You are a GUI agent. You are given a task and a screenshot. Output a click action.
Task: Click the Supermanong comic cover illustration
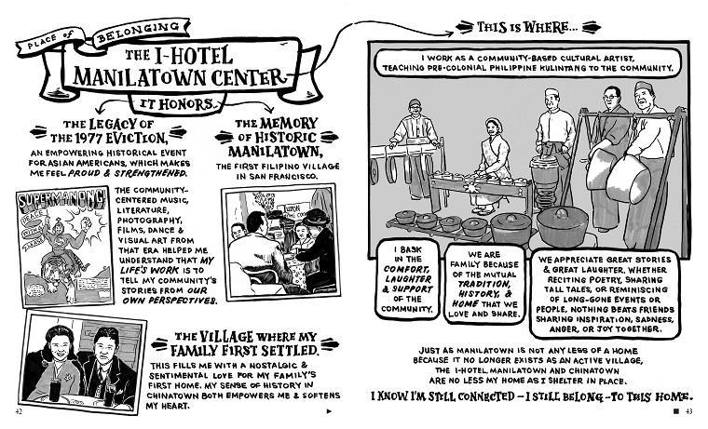point(63,237)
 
